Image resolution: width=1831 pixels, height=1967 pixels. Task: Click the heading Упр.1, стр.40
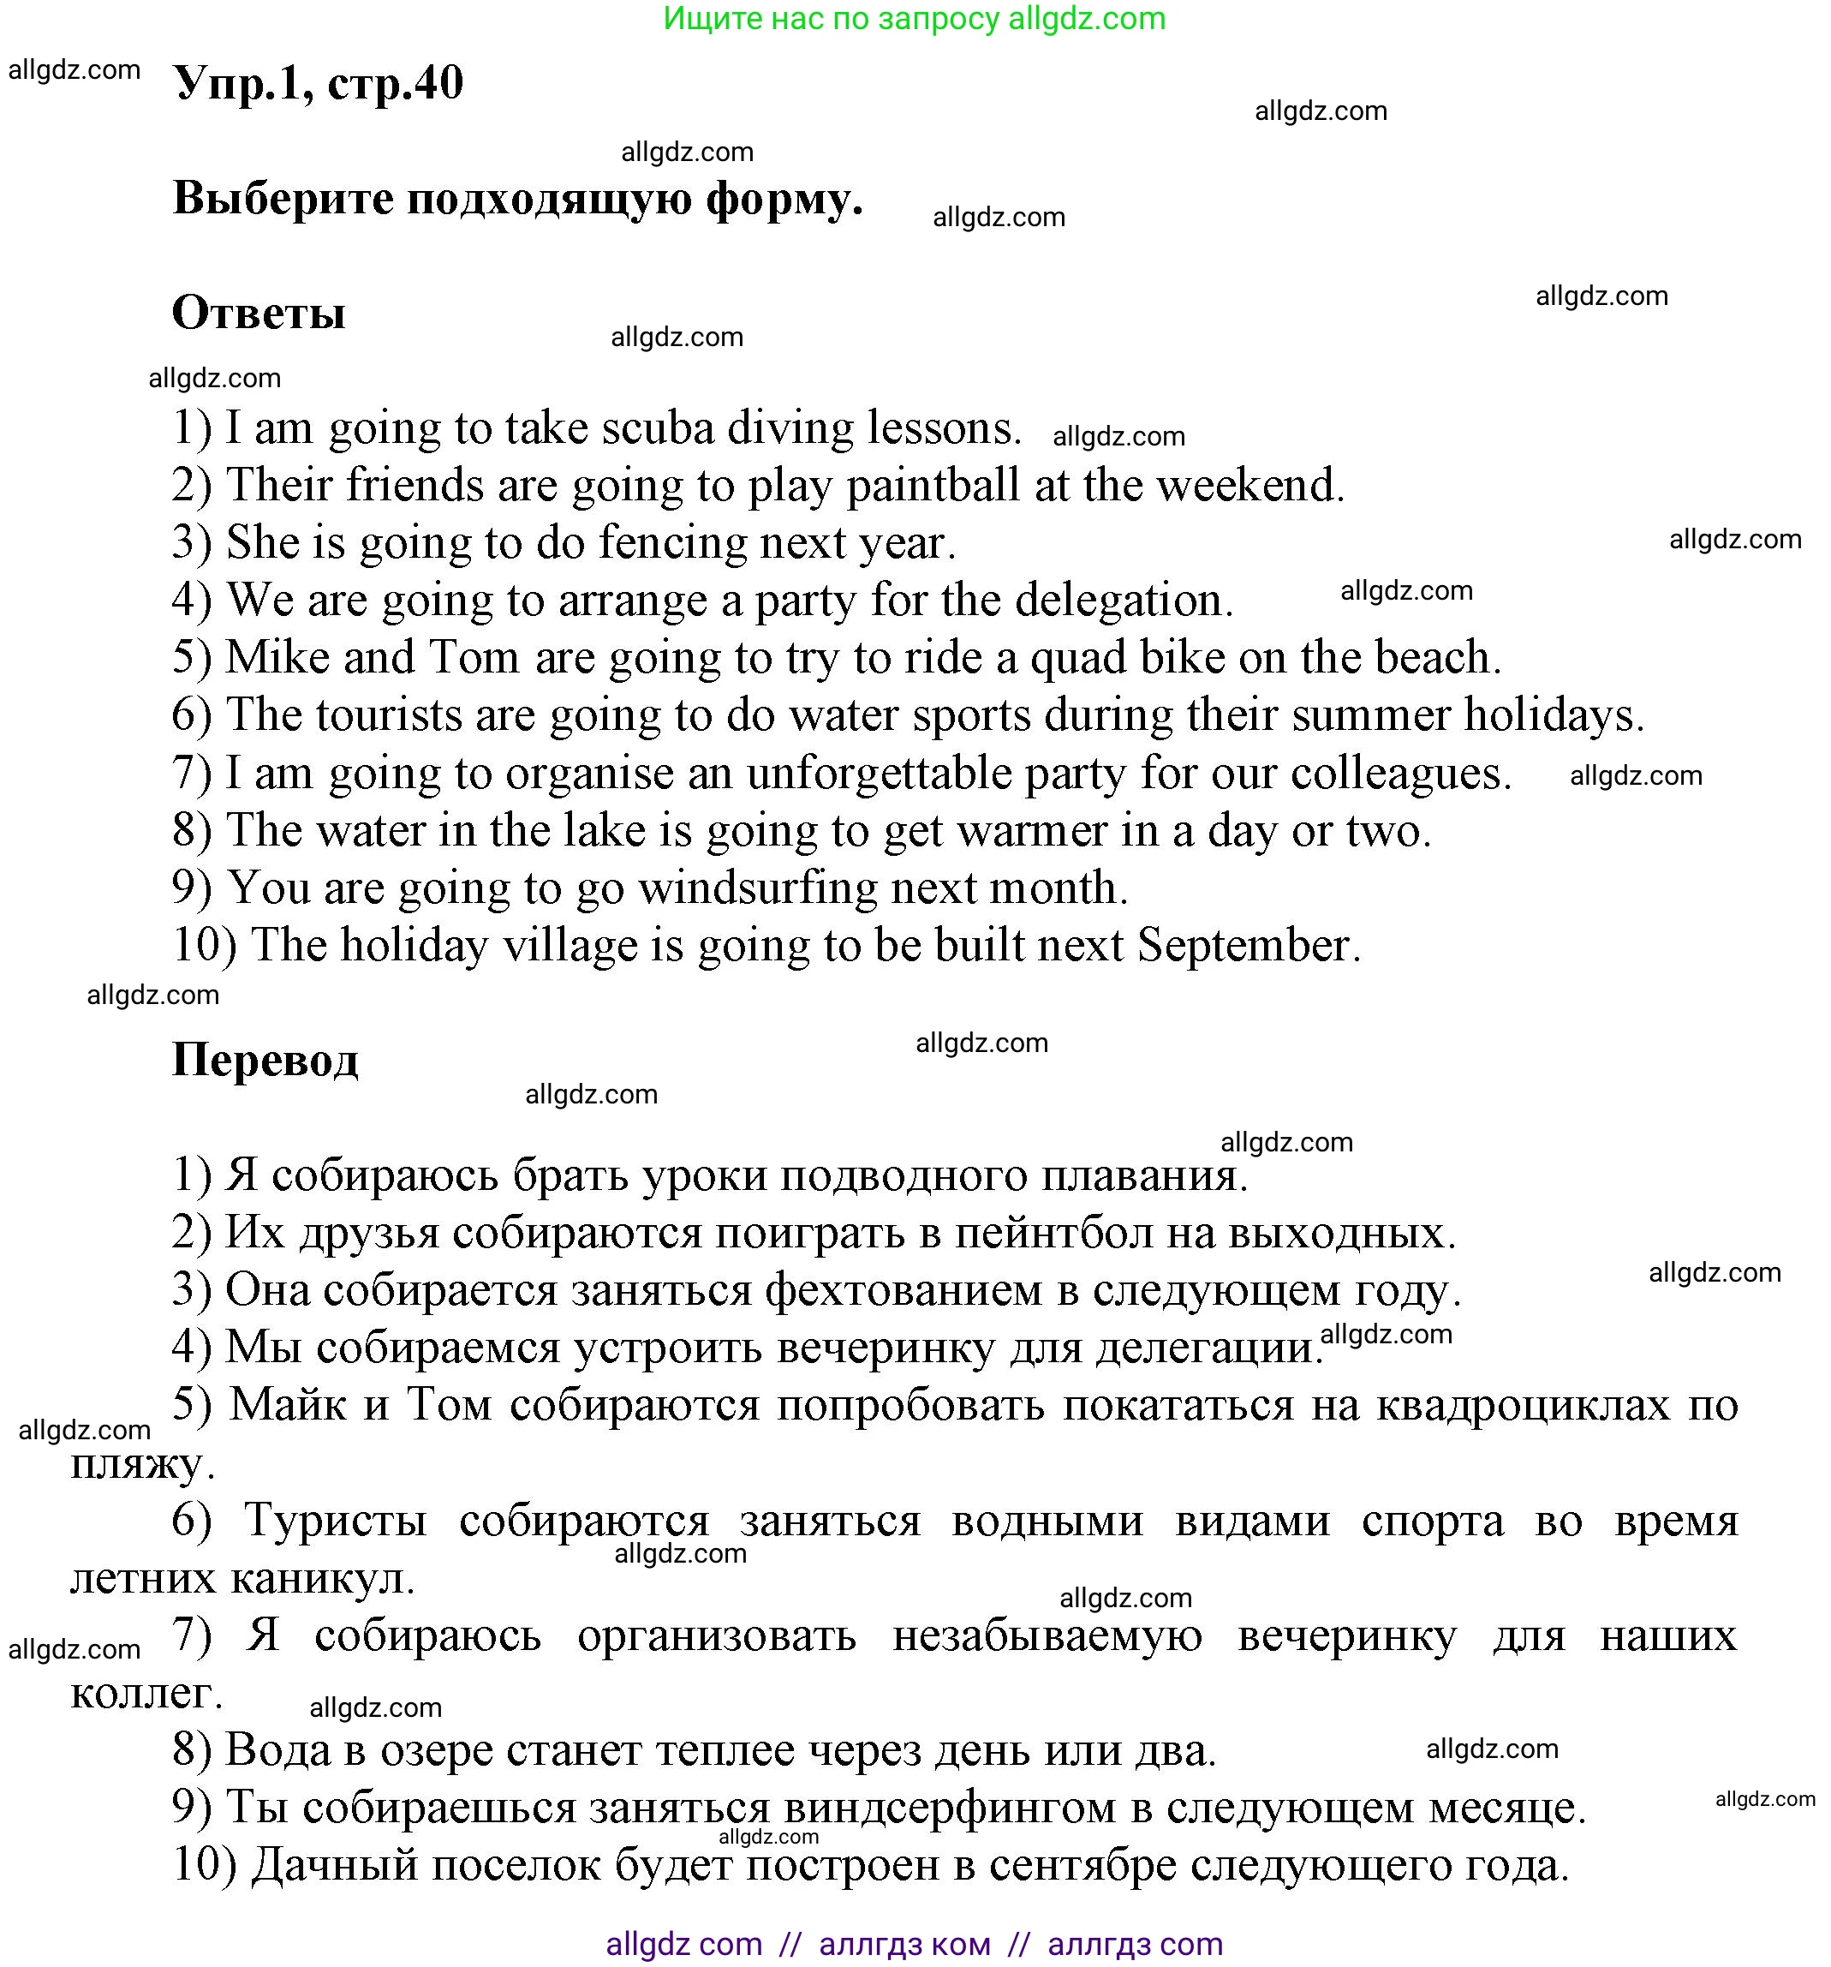point(318,83)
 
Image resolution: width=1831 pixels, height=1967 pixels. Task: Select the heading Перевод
point(265,1059)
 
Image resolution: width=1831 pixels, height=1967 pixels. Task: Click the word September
point(1249,945)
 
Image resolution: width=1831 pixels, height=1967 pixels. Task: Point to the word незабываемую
point(1047,1635)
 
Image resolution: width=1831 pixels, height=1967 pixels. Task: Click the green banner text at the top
point(914,19)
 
